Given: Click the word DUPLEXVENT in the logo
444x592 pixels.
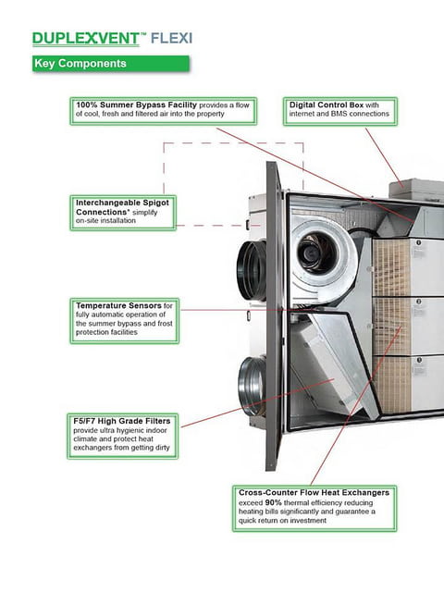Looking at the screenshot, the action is point(86,39).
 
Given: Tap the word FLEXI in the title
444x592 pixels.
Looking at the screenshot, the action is point(171,39).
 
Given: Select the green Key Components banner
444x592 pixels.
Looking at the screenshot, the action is point(111,63).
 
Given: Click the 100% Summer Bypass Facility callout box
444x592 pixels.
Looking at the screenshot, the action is point(163,111).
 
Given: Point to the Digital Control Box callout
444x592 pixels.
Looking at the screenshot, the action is point(340,111).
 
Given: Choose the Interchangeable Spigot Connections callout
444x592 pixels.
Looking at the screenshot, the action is point(123,213).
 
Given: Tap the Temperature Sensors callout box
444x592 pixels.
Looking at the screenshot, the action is point(124,321).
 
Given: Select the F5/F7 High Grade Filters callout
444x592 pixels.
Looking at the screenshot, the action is point(123,436).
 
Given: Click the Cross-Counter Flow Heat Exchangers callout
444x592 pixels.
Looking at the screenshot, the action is point(314,508).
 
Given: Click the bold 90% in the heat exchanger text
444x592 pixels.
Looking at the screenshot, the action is point(273,503).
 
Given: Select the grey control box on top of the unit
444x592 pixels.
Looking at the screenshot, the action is point(416,191).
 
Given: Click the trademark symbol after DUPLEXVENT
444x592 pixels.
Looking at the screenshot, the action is point(143,34).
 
